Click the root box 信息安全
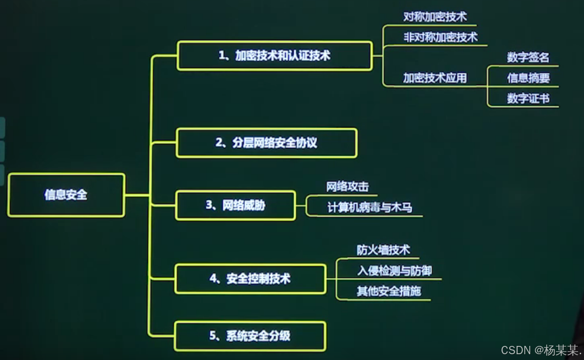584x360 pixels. click(66, 195)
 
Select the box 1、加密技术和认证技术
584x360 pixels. click(275, 56)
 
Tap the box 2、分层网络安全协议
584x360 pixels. click(266, 143)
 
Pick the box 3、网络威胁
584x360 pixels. click(235, 206)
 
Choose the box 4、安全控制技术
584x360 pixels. click(250, 279)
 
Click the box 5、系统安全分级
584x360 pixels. click(250, 336)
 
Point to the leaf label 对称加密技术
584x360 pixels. click(435, 17)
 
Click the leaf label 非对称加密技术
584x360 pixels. click(440, 37)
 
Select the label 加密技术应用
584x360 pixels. click(435, 78)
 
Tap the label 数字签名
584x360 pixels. click(528, 58)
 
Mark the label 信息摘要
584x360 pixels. click(528, 78)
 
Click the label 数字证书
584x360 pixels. click(528, 98)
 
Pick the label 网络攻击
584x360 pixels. click(347, 187)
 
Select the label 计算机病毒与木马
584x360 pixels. click(370, 208)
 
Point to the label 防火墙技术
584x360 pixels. click(383, 250)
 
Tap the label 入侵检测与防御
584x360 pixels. click(394, 271)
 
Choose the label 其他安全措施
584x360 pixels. click(389, 292)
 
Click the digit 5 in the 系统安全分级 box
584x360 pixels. click(213, 336)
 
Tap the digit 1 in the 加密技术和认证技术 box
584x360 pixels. click(221, 56)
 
